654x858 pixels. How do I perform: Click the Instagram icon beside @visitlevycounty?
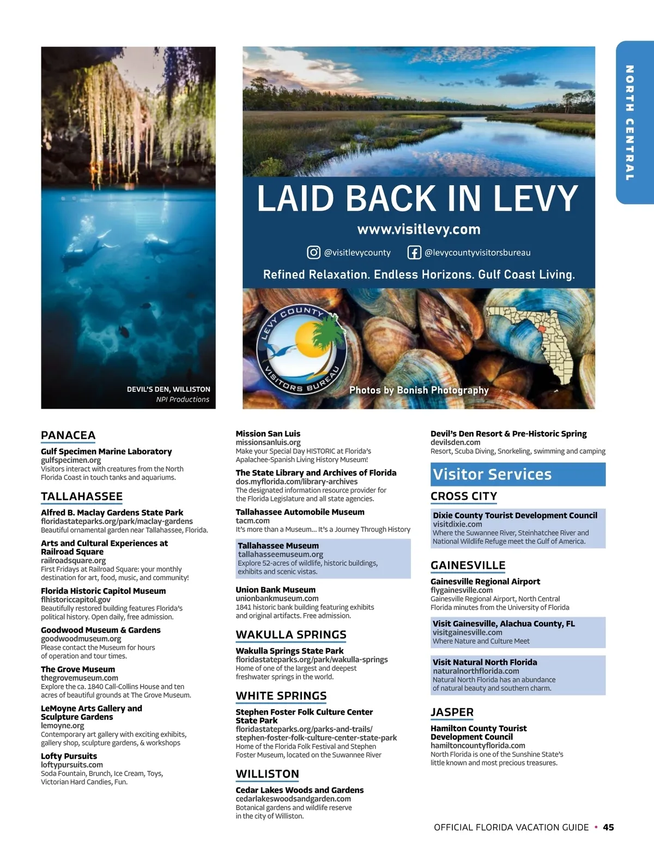[x=313, y=252]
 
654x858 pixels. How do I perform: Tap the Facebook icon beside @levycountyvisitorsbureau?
[x=414, y=252]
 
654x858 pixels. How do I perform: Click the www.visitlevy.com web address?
[x=419, y=229]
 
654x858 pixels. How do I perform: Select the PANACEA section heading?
[x=68, y=435]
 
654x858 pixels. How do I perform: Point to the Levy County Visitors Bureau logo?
[x=301, y=349]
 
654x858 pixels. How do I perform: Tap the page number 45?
[x=608, y=827]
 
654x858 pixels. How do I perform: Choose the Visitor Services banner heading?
[x=492, y=474]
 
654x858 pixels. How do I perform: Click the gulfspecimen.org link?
[x=71, y=460]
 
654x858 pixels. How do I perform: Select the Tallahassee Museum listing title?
[x=278, y=546]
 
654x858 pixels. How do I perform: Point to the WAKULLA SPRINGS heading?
[x=291, y=635]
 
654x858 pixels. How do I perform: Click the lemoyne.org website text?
[x=63, y=726]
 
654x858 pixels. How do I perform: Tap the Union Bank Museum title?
[x=275, y=590]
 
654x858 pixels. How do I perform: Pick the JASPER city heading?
[x=452, y=713]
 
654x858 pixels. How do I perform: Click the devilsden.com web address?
[x=455, y=442]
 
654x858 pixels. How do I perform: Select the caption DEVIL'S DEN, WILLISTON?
[x=168, y=390]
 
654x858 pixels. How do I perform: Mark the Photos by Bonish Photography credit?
[x=419, y=390]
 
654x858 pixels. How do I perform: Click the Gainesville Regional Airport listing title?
[x=485, y=582]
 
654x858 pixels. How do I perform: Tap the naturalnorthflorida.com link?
[x=476, y=671]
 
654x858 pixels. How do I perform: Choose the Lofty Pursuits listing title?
[x=69, y=756]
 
